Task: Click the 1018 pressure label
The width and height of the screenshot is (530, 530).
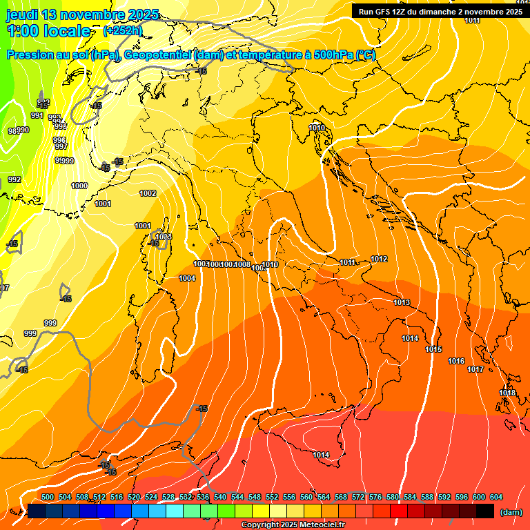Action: [x=507, y=393]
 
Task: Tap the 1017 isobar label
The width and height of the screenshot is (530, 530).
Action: [x=475, y=369]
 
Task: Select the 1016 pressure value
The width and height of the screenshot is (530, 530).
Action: [x=456, y=361]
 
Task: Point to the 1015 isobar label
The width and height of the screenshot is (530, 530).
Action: [x=433, y=350]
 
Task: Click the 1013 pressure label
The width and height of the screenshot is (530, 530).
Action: [x=402, y=302]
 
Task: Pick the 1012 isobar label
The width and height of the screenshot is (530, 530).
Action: [x=379, y=259]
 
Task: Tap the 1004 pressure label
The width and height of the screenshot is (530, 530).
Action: [x=187, y=278]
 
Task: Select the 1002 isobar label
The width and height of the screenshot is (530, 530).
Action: [x=148, y=193]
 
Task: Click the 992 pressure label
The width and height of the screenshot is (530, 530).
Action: [x=14, y=179]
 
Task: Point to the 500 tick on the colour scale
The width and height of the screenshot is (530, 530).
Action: [x=48, y=497]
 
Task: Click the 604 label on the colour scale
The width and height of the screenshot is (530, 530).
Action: [x=496, y=497]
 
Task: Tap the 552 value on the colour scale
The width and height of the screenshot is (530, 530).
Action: [x=272, y=497]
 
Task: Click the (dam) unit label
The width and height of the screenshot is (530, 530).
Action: [x=511, y=512]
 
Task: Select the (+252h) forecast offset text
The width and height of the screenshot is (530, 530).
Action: [x=123, y=31]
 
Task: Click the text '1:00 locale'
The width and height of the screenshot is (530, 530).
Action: [x=48, y=31]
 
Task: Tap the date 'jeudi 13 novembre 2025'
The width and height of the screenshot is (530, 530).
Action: [x=83, y=14]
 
